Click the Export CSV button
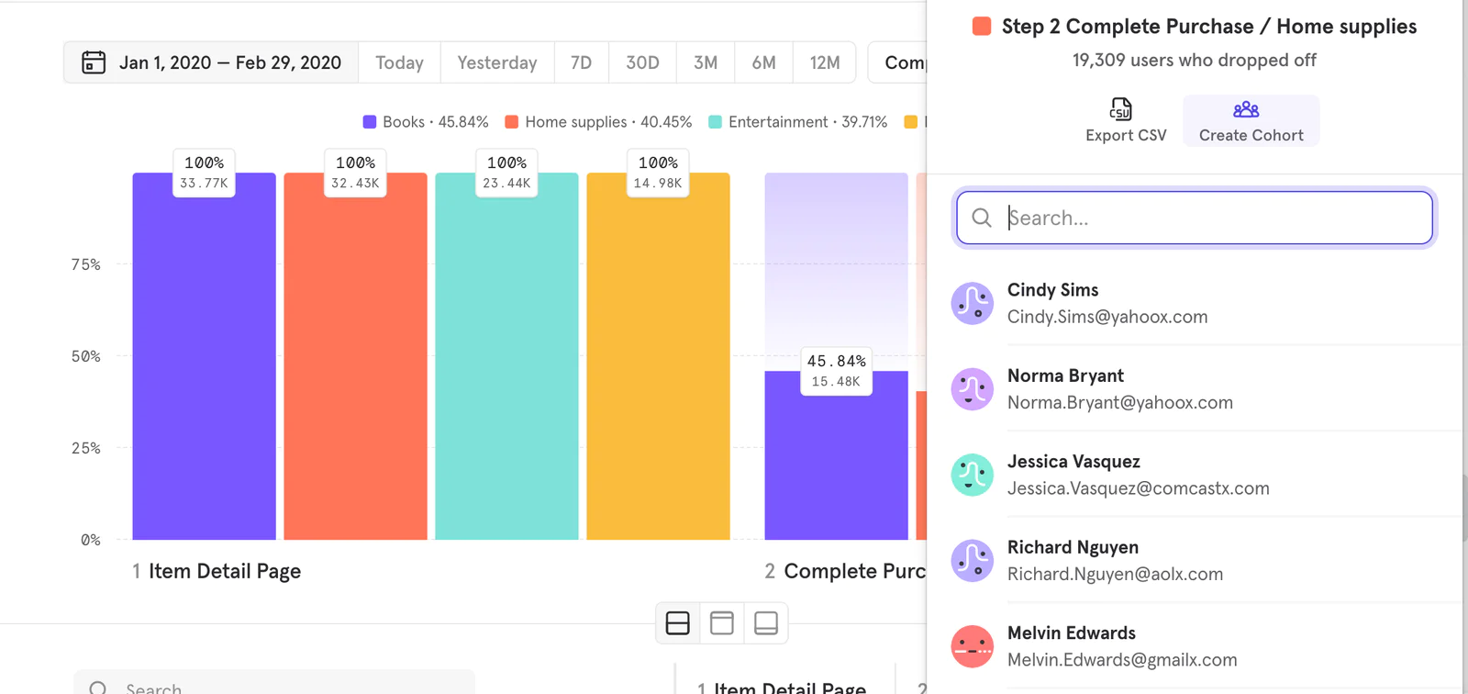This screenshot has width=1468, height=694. tap(1125, 121)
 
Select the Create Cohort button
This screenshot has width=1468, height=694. tap(1251, 121)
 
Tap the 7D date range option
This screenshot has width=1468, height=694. tap(581, 62)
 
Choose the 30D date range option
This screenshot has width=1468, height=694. tap(642, 62)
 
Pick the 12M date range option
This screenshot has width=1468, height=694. tap(824, 62)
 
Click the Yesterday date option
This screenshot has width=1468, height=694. tap(496, 62)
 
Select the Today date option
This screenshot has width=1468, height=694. tap(399, 62)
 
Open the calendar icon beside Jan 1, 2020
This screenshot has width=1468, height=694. tap(94, 62)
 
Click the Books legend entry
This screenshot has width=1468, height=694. tap(426, 122)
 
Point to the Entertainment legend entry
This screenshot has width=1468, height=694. tap(798, 122)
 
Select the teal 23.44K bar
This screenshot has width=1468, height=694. tap(506, 367)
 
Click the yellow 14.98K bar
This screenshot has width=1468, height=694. tap(658, 367)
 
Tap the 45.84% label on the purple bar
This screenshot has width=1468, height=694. tap(836, 362)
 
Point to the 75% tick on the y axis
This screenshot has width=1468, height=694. tap(86, 264)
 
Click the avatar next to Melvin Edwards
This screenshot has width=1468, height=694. tap(972, 646)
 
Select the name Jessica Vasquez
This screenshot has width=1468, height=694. tap(1073, 462)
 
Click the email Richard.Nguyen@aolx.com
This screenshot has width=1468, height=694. tap(1115, 575)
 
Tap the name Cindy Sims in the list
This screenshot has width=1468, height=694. tap(1052, 290)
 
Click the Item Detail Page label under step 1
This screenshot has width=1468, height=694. tap(225, 571)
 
